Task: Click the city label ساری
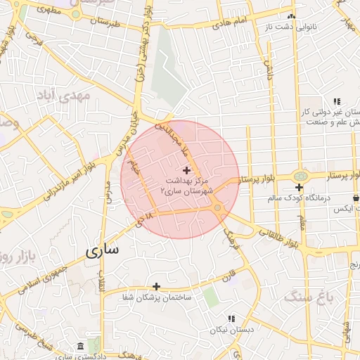103,250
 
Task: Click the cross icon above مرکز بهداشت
186,169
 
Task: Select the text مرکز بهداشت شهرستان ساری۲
186,186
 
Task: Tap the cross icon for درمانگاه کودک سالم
300,187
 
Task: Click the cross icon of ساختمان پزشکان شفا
156,286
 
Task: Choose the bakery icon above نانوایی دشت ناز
292,15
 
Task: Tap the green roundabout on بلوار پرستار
300,176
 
